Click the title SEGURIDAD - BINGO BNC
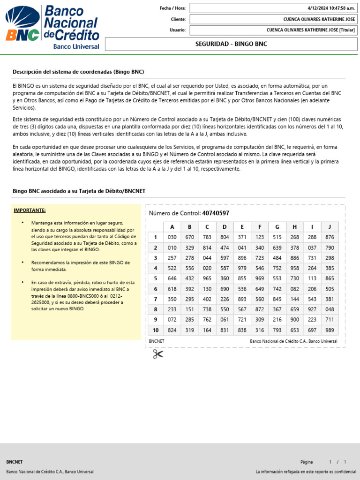231,44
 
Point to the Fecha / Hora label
172,8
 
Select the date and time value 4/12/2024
331,8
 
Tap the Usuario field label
178,30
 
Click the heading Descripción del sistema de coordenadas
78,72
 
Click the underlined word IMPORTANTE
30,210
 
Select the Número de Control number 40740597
216,213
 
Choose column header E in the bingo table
242,227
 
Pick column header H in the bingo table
294,227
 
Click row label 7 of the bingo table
155,299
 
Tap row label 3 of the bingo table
155,258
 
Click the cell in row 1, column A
172,237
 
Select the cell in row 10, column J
330,330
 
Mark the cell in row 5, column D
225,278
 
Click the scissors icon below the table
157,354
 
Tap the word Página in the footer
307,462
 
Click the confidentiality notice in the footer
306,472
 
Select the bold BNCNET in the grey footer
15,462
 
